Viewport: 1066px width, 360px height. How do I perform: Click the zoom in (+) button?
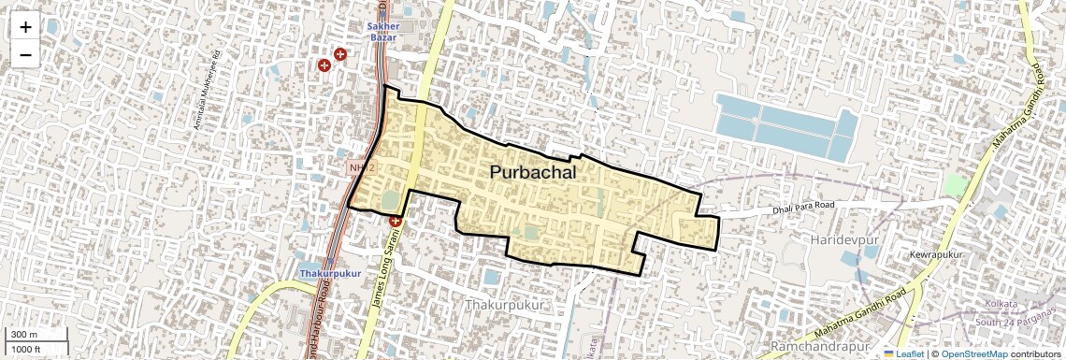point(25,27)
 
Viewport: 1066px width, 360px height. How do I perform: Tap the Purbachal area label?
point(532,173)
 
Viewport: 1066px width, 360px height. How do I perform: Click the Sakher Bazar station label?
point(383,32)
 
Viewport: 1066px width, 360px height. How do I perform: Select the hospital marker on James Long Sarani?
point(396,222)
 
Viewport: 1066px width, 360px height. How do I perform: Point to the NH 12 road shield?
point(361,166)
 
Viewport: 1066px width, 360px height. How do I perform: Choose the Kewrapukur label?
point(935,254)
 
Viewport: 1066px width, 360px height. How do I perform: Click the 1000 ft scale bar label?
point(26,349)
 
